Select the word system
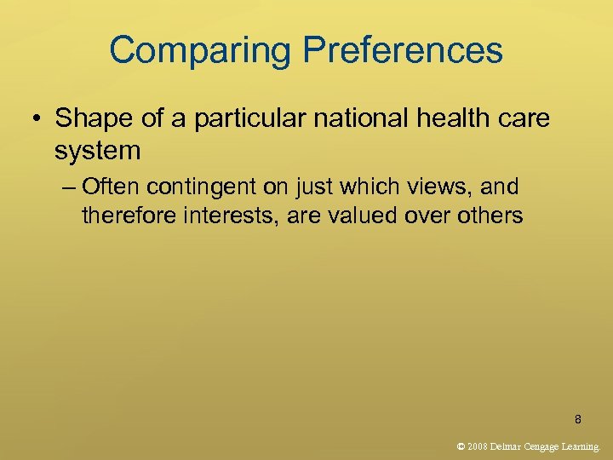tap(97, 151)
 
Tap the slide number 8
tap(578, 419)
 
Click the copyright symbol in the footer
tap(461, 446)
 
